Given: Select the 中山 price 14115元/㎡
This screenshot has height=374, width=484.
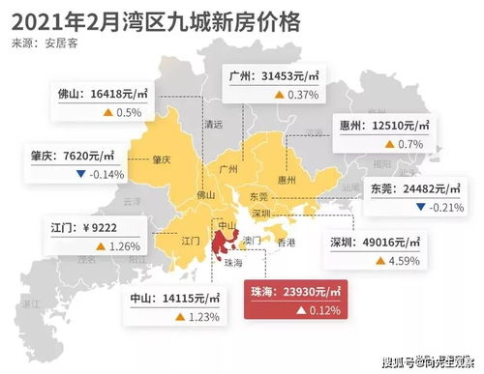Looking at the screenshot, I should point(176,298).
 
